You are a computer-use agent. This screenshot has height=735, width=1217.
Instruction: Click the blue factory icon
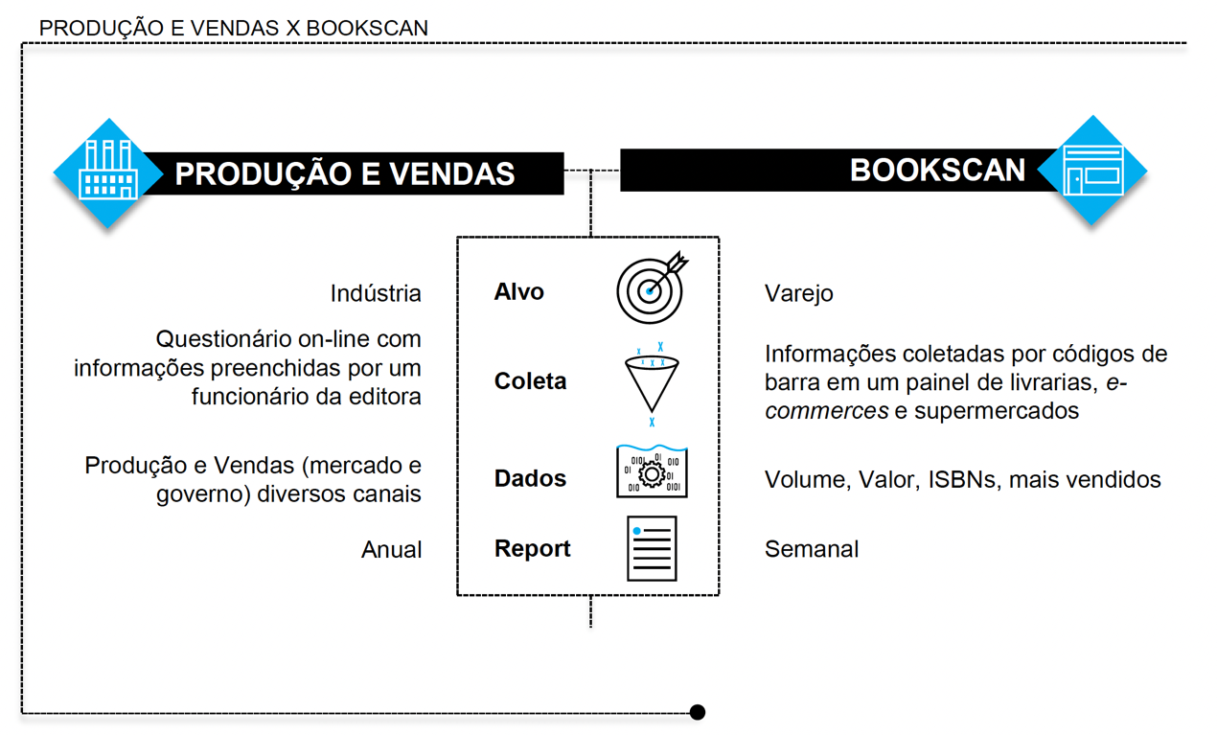click(108, 172)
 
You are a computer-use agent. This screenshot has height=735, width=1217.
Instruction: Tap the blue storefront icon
click(1092, 171)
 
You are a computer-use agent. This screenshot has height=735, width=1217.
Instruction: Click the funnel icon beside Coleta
click(652, 381)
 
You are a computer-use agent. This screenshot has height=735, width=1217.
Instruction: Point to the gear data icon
click(652, 472)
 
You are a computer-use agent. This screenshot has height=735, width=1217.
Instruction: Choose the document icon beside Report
click(652, 548)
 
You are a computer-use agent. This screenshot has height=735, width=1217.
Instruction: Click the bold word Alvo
click(518, 292)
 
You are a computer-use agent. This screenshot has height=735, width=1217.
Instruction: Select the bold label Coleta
click(530, 381)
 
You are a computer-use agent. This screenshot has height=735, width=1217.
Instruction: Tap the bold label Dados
click(530, 478)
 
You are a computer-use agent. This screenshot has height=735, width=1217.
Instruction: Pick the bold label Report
click(532, 549)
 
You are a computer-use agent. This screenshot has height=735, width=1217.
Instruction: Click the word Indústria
click(376, 293)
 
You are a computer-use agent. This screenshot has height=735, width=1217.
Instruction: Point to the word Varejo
click(798, 293)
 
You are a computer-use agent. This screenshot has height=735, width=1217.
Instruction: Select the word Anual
click(391, 550)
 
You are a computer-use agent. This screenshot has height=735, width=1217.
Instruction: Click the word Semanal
click(811, 550)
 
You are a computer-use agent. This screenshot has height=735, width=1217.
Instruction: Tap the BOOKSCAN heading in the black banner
click(937, 171)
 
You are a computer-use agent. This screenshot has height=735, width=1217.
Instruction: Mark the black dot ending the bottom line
click(698, 712)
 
